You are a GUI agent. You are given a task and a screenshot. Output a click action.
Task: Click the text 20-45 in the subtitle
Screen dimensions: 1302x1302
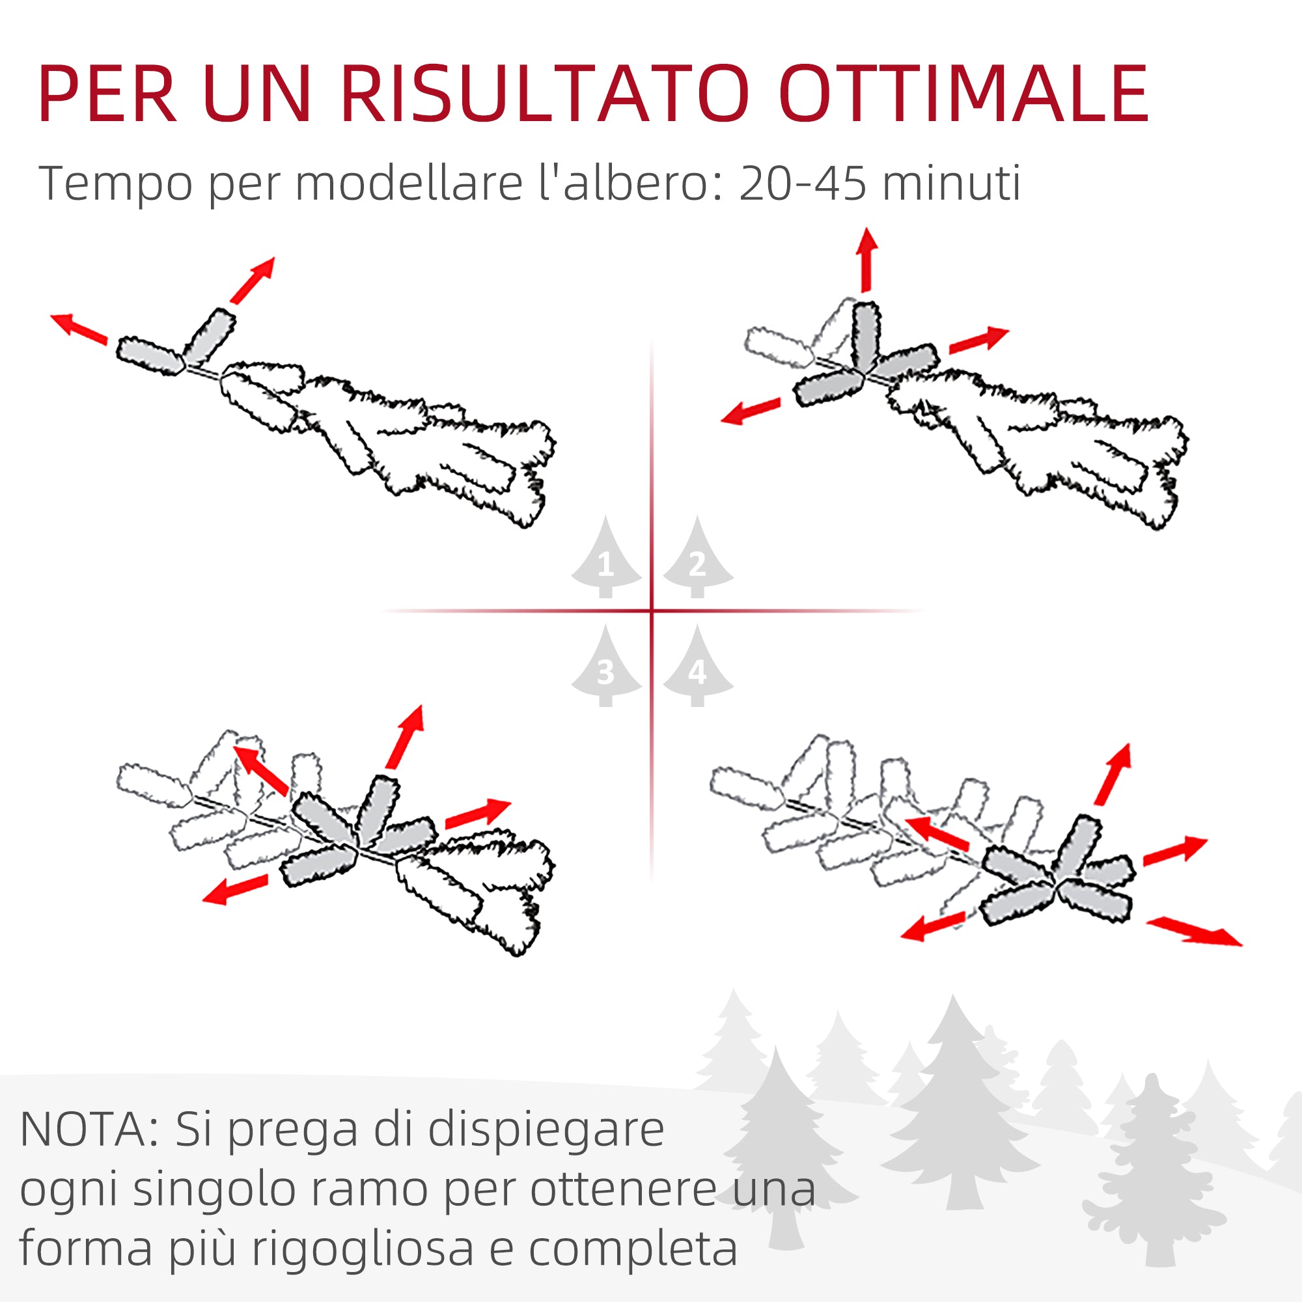coord(802,184)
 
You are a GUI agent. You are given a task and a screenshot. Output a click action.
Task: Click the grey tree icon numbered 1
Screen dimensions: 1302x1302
coord(605,559)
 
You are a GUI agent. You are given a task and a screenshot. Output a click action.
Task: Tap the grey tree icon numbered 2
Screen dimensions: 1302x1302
coord(697,559)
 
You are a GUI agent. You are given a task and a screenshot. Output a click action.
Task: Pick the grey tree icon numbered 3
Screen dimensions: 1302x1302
coord(605,668)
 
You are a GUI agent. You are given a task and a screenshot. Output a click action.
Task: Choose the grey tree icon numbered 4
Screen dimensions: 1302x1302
coord(697,668)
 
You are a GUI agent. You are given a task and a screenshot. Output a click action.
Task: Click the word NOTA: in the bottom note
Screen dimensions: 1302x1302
coord(90,1130)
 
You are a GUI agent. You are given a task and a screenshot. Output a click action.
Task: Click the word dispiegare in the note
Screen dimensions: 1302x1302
coord(546,1130)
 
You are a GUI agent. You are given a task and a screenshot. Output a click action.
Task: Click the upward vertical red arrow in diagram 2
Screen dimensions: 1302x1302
coord(866,260)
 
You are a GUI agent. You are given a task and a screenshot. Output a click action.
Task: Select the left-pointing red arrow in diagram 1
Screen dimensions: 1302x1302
coord(79,329)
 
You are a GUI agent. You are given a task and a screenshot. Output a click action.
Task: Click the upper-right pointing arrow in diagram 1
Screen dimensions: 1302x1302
coord(253,280)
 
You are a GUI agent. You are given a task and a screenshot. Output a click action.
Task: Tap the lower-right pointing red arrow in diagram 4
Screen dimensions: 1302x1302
coord(1193,932)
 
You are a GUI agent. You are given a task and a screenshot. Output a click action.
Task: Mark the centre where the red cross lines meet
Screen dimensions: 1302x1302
coord(652,611)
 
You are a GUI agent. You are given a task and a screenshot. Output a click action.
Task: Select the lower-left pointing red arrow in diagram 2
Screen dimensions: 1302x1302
coord(750,411)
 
